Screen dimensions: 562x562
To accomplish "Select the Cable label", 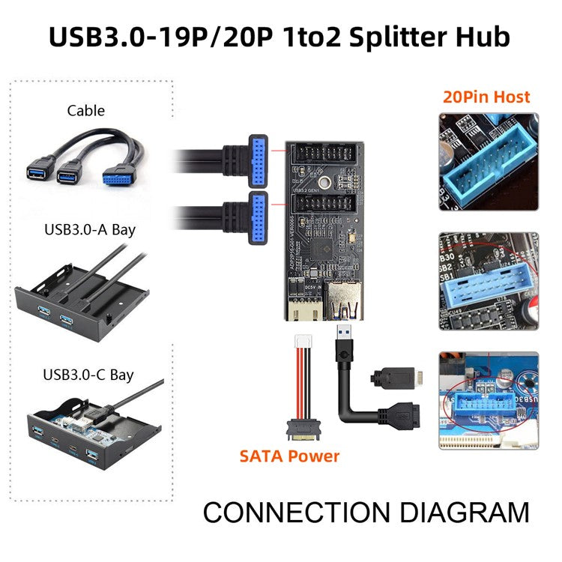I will [x=85, y=111].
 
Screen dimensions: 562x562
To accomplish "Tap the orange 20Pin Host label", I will [x=486, y=97].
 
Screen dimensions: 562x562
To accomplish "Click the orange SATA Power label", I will [x=289, y=456].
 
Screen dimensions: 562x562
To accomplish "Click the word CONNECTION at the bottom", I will [x=296, y=513].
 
